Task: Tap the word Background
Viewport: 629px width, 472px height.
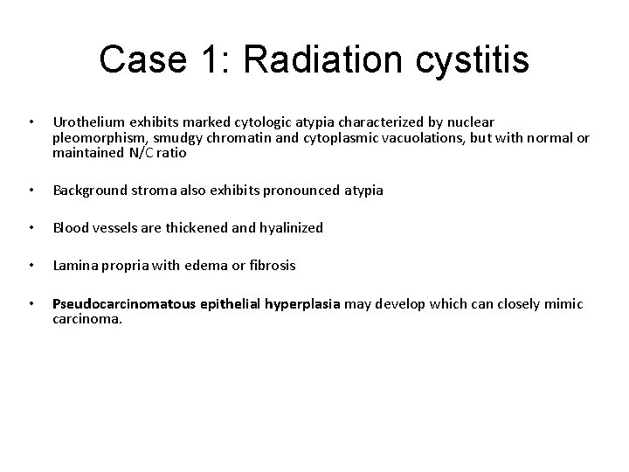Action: pos(90,190)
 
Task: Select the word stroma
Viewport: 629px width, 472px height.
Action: pos(154,190)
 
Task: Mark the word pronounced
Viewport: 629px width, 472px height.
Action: pos(300,190)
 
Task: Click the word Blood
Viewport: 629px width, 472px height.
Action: pos(70,227)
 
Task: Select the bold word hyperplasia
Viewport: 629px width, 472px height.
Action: pos(297,303)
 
